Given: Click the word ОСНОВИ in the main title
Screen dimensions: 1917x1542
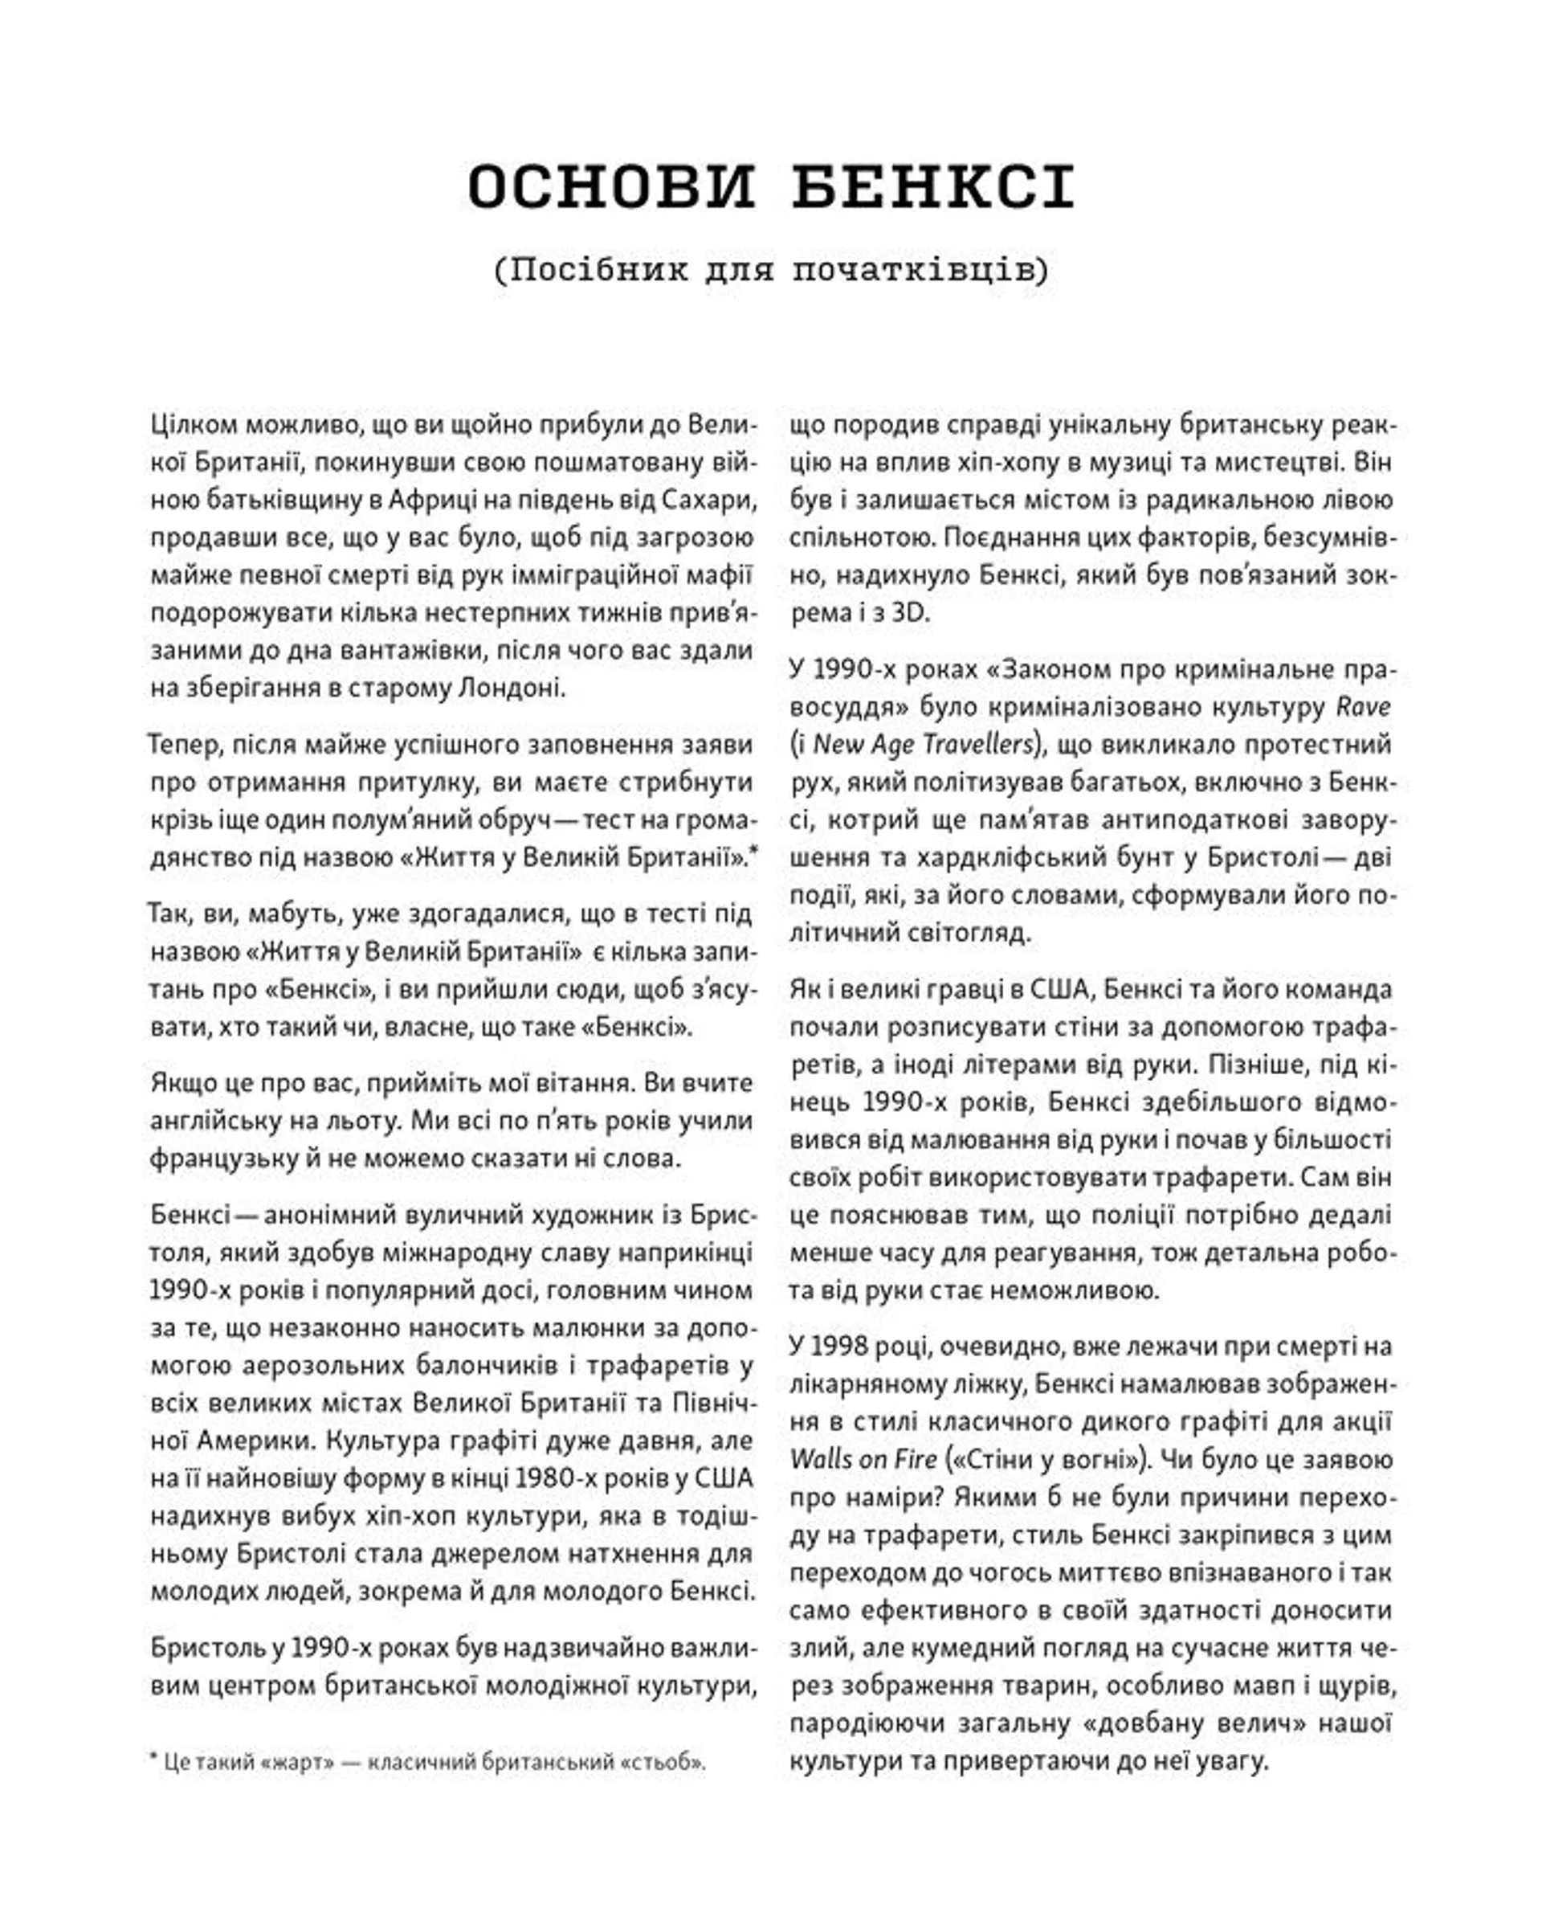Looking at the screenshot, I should click(x=610, y=188).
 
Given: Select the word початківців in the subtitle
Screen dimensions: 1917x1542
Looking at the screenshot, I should click(x=920, y=269).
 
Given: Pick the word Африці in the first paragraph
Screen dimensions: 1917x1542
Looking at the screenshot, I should click(x=430, y=501).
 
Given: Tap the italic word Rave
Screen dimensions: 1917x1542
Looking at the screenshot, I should click(x=1364, y=707).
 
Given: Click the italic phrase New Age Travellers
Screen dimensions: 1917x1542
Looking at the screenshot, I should click(x=924, y=744).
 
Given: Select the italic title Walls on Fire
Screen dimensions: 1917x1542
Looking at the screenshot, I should click(x=863, y=1460).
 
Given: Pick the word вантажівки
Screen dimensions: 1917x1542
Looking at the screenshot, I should click(x=414, y=650).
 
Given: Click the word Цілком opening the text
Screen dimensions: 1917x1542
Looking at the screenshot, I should click(x=193, y=425).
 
